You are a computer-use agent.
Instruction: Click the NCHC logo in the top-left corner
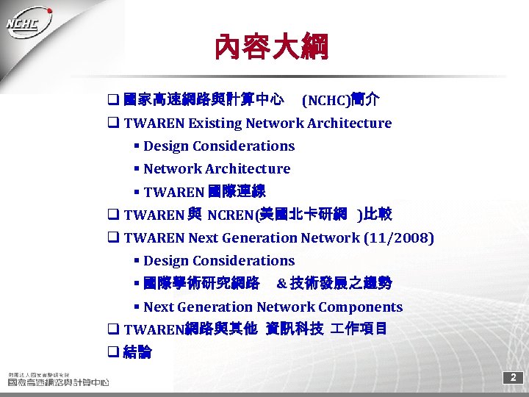[29, 24]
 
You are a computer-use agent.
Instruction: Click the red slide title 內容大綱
[271, 48]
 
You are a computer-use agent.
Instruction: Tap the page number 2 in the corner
[514, 378]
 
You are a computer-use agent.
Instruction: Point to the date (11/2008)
[399, 238]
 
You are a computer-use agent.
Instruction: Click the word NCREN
[230, 215]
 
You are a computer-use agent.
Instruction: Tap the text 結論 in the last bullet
[138, 352]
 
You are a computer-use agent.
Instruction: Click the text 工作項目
[357, 329]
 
